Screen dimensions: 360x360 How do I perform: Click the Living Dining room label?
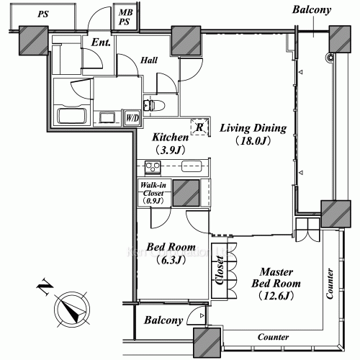click(253, 129)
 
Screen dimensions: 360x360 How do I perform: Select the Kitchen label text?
click(170, 137)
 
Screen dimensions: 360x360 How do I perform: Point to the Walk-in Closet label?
click(153, 192)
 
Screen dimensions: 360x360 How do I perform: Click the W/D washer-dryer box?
click(132, 118)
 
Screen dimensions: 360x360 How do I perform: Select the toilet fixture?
click(154, 106)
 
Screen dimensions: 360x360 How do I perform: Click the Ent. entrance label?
click(101, 43)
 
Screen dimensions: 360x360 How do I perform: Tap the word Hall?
click(150, 61)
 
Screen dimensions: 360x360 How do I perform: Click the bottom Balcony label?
click(164, 320)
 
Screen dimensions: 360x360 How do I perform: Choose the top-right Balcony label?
click(312, 10)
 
